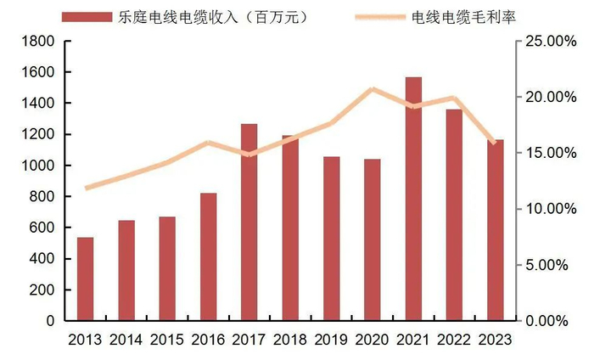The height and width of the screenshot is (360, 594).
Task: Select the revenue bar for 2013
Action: [x=85, y=279]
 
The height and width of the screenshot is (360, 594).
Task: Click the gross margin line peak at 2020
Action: [x=373, y=88]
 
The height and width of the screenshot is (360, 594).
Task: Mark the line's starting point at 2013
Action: [x=86, y=188]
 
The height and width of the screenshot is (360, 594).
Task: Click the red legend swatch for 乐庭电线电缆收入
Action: [x=85, y=17]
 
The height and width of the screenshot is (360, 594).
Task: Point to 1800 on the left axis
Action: [x=39, y=41]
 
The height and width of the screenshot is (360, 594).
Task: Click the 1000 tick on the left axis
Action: [x=39, y=166]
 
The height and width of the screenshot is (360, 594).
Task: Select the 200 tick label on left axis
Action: [x=42, y=290]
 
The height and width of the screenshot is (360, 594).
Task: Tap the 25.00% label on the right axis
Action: [x=552, y=41]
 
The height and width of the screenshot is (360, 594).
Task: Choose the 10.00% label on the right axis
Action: [x=552, y=209]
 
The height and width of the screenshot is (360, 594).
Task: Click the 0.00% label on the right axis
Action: [x=555, y=321]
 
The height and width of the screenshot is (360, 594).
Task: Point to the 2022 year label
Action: [x=454, y=340]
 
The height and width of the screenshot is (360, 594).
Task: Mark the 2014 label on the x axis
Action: [x=126, y=340]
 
